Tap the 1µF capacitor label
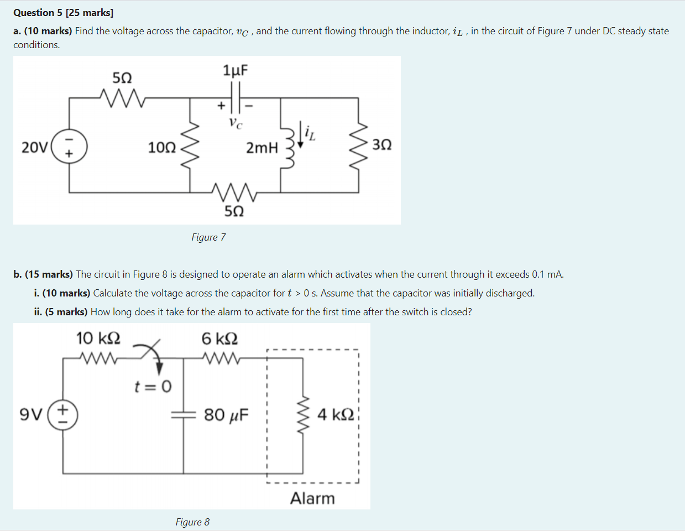pos(236,70)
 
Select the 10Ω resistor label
pos(161,148)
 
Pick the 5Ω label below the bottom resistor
pos(234,211)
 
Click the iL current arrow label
pos(310,132)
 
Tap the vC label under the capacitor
pos(236,123)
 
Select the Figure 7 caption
pos(208,237)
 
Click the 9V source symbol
pos(62,415)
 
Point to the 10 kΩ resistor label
pos(98,338)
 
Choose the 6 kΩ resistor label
pos(219,338)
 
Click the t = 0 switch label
pos(153,386)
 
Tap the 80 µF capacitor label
pos(226,414)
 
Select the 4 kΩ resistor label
pos(336,414)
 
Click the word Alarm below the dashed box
pos(312,498)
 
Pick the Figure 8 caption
pos(192,522)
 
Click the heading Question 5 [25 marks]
pos(63,12)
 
